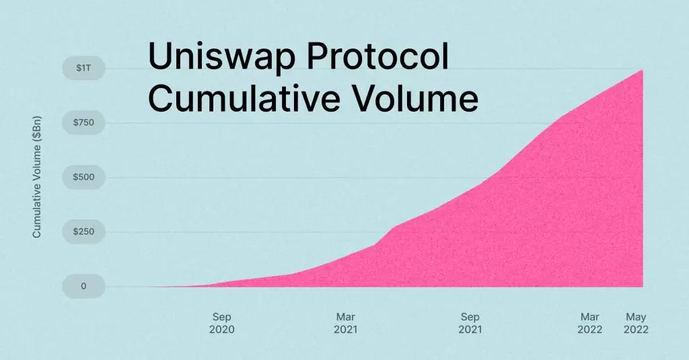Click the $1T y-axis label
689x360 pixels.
(83, 68)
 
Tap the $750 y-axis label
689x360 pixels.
(83, 122)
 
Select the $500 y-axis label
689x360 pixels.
(83, 177)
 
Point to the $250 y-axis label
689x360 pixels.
(83, 231)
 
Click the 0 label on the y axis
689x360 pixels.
(83, 286)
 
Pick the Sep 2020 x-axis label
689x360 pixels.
(222, 323)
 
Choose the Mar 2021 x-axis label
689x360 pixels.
(346, 323)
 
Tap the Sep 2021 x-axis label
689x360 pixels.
(470, 323)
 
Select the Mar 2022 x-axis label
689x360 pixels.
(589, 323)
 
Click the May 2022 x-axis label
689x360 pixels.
(635, 323)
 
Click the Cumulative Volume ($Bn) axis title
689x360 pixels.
(38, 176)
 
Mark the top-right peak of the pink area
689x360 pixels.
(642, 70)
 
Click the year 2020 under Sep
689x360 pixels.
(222, 330)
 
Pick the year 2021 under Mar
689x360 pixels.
(346, 330)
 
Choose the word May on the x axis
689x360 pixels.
(635, 316)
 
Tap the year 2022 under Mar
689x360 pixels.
(589, 330)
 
